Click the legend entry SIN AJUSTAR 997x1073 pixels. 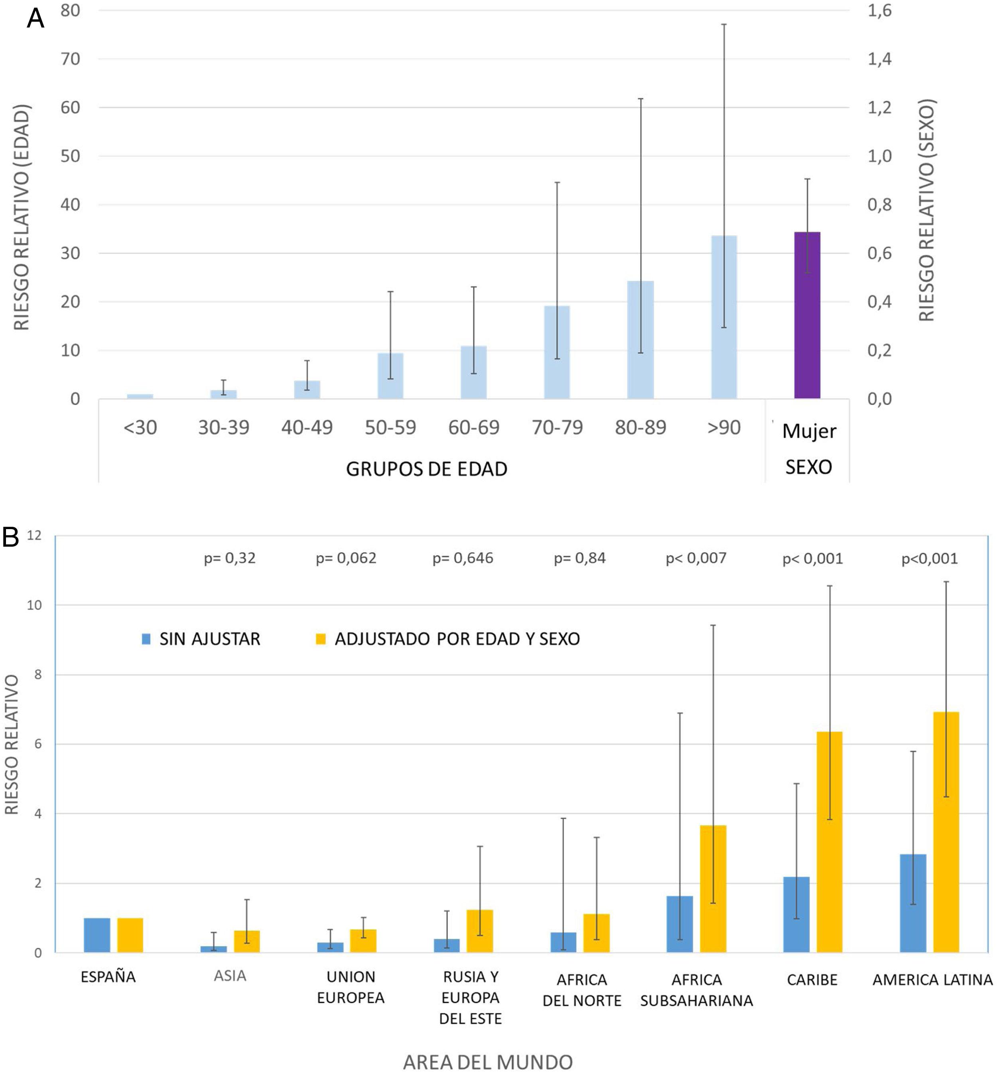point(201,639)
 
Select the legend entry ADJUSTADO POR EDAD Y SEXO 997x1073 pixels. point(448,639)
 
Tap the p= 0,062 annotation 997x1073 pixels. point(346,558)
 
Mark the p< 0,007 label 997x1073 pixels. point(696,558)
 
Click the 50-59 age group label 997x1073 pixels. point(390,428)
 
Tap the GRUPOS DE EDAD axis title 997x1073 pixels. point(426,469)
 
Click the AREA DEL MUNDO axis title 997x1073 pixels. point(488,1062)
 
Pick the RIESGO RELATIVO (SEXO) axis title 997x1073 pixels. point(926,211)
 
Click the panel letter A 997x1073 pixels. point(35,18)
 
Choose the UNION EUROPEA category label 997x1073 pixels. point(351,987)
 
